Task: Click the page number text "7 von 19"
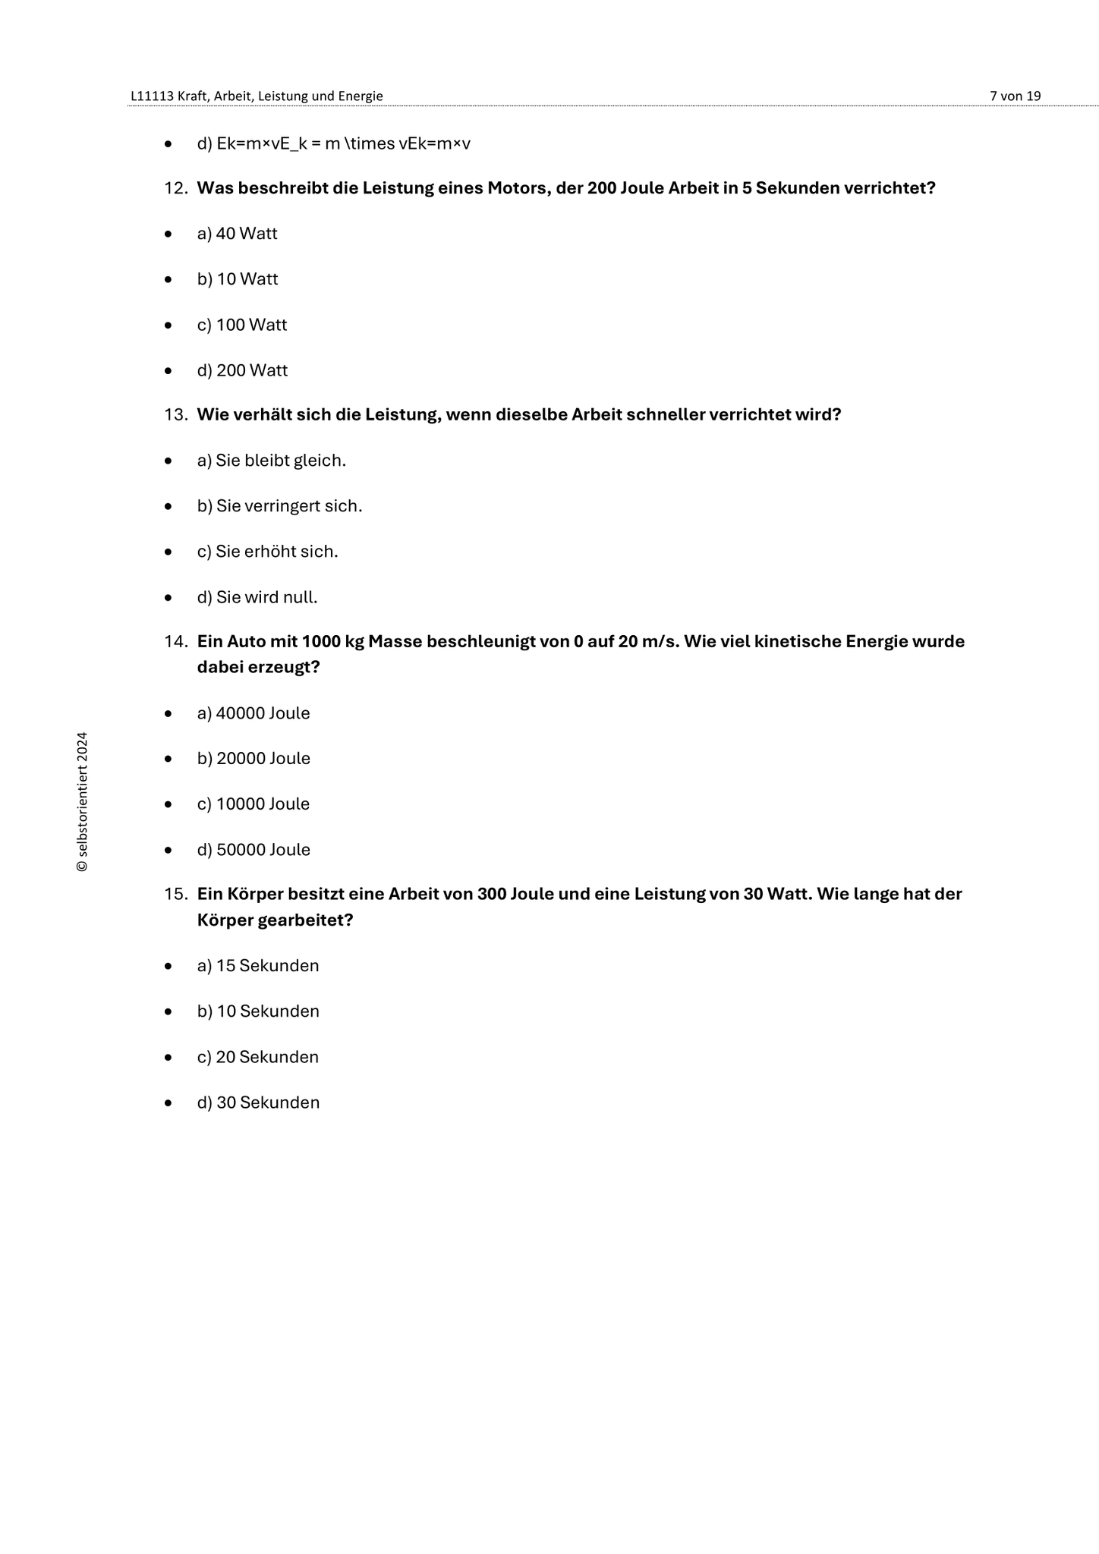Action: coord(1015,96)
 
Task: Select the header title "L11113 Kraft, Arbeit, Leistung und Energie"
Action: coord(257,96)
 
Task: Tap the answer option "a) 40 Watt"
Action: coord(237,234)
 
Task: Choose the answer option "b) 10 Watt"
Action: coord(238,279)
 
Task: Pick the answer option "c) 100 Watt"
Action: coord(242,325)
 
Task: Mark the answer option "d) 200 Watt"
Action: coord(242,370)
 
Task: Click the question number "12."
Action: coord(176,188)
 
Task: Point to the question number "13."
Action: coord(176,415)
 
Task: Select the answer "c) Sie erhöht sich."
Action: coord(267,552)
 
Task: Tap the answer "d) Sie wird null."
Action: coord(257,597)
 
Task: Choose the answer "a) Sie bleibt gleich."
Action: coord(272,461)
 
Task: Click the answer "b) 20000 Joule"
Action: coord(253,759)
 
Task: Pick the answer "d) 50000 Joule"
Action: coord(253,850)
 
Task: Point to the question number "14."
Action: coord(176,642)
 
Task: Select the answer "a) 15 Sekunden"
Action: coord(258,966)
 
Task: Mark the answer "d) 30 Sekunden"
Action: coord(258,1103)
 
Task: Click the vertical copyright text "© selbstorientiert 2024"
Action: coord(82,802)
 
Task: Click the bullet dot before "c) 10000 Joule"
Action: coord(168,804)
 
